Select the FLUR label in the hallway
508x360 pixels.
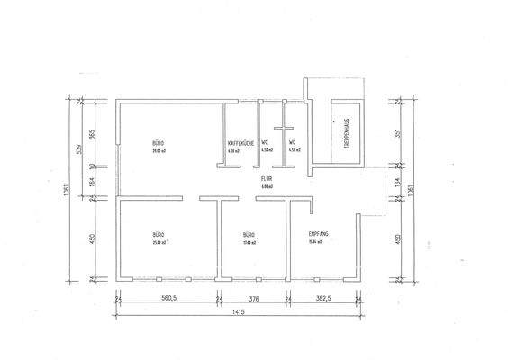point(266,179)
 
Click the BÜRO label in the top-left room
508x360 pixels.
point(158,143)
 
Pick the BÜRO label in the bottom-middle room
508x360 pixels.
point(249,234)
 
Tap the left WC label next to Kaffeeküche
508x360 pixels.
point(265,143)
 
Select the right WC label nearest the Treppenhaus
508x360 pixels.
point(293,143)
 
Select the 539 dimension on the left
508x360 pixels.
point(81,148)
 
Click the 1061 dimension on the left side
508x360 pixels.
point(67,192)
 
